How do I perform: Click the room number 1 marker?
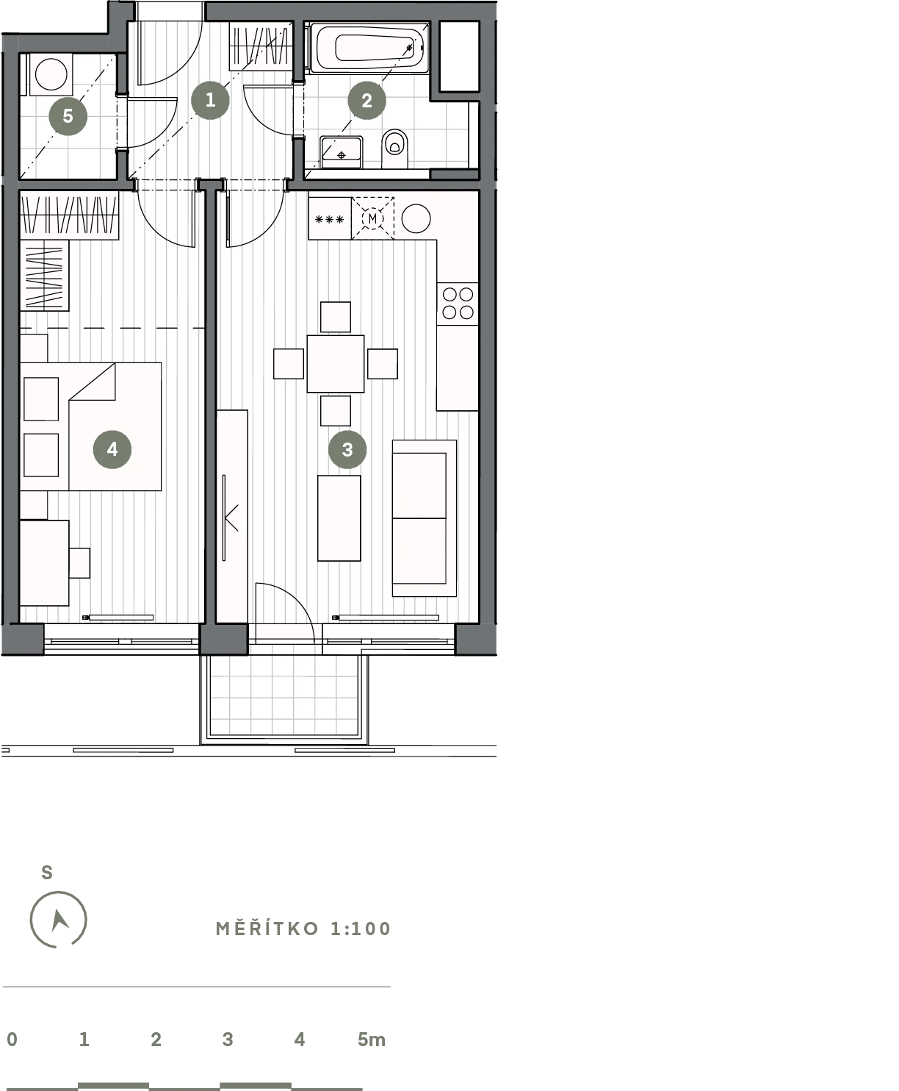click(210, 100)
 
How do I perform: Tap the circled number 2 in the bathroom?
click(367, 100)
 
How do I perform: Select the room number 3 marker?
click(347, 449)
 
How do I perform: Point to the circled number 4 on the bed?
click(112, 449)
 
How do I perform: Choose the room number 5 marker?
click(68, 116)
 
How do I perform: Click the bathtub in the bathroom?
click(369, 48)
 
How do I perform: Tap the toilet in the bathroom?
click(394, 149)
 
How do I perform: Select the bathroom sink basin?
click(341, 152)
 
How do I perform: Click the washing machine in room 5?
click(50, 75)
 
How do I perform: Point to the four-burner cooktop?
click(458, 304)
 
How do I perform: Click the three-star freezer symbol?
click(330, 220)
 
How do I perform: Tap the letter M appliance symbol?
click(372, 218)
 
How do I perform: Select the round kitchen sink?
click(416, 218)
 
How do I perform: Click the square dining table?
click(336, 364)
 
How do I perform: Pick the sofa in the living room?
click(425, 518)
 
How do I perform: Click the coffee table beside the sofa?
click(339, 518)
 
